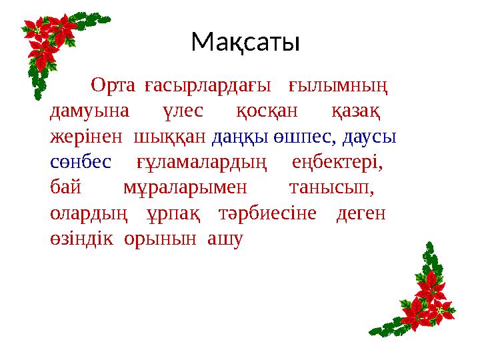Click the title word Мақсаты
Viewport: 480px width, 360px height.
pyautogui.click(x=245, y=43)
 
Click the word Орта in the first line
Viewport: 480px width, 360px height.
pyautogui.click(x=113, y=86)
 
